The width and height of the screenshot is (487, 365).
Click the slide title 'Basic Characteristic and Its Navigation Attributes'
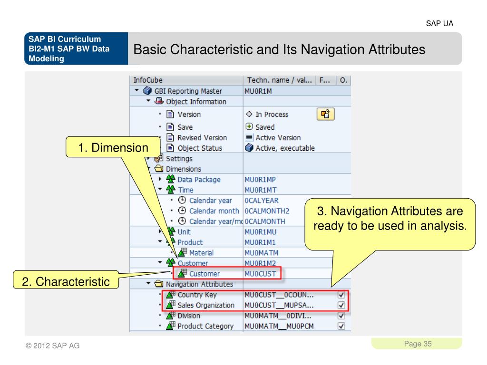(x=279, y=49)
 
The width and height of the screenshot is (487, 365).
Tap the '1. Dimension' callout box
(x=113, y=148)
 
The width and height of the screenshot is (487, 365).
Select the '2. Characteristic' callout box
(x=66, y=281)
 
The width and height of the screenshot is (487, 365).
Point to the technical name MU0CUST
(x=260, y=274)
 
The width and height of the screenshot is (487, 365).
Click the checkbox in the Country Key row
(x=341, y=295)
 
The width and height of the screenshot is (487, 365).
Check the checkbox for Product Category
(x=341, y=326)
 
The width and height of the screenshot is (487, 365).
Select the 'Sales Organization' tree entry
(x=205, y=305)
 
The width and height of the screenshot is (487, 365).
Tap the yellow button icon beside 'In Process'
(x=325, y=114)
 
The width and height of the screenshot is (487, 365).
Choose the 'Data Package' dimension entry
(x=199, y=180)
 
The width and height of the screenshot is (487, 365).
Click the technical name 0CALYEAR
(x=261, y=201)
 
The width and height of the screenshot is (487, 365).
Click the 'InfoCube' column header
(x=145, y=80)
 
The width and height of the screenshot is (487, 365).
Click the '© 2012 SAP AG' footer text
(x=53, y=346)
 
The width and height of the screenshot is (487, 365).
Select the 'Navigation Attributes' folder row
(x=199, y=284)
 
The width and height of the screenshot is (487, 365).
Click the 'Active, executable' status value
(x=285, y=148)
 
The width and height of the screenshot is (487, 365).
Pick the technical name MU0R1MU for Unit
(x=260, y=232)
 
